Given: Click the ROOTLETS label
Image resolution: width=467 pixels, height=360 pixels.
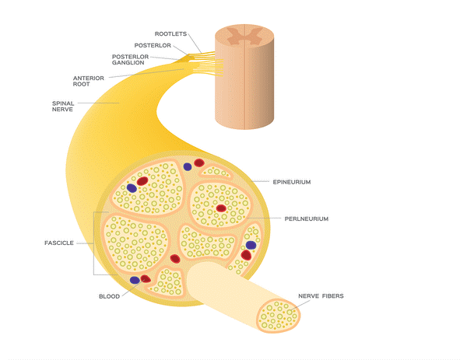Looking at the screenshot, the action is (170, 34).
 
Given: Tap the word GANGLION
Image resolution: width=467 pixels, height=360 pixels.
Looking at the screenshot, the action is (128, 63).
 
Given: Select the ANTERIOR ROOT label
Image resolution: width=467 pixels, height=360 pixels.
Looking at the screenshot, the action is (89, 81).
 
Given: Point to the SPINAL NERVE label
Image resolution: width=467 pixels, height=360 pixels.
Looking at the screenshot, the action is (63, 107).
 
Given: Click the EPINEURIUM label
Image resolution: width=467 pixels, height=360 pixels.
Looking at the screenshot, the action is (292, 182).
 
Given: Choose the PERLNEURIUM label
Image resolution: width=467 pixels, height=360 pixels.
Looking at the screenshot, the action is (307, 219).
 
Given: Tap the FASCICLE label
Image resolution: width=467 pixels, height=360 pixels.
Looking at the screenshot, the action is (59, 243).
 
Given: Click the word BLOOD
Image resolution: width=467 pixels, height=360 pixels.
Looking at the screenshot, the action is (109, 296).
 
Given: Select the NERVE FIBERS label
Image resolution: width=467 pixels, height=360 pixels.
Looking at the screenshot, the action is (321, 296).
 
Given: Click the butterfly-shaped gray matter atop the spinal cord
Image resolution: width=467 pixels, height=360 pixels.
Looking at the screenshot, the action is (244, 35).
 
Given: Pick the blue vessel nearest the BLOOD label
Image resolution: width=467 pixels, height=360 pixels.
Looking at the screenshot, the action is (135, 280).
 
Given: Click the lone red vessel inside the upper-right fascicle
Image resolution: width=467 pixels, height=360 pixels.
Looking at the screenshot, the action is (221, 208).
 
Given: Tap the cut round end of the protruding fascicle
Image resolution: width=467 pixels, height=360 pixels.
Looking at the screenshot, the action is (279, 316).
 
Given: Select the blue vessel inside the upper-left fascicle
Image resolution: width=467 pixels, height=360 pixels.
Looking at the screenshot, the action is (132, 188).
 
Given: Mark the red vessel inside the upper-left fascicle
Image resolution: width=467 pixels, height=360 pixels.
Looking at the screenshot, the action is (142, 181).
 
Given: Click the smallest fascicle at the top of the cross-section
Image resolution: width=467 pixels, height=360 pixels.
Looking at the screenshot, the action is (216, 171).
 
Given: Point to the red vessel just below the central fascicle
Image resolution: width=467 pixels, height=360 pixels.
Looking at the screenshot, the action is (175, 259).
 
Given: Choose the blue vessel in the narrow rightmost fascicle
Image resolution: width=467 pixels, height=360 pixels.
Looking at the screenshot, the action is (251, 245).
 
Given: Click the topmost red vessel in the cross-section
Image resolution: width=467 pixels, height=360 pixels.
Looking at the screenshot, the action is (199, 163).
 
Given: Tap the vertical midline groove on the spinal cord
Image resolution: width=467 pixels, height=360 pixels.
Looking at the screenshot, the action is (245, 77).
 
